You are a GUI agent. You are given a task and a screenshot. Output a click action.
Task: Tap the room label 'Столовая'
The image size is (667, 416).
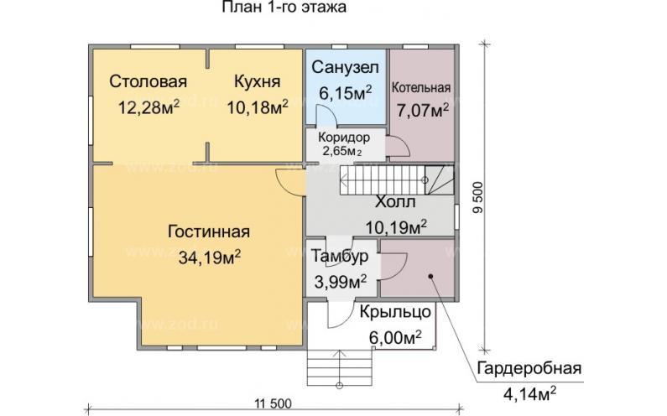(x=148, y=81)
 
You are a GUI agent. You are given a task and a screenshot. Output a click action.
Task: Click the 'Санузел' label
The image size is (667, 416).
(x=345, y=66)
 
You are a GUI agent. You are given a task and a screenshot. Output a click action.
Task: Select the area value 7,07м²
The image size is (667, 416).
(x=422, y=110)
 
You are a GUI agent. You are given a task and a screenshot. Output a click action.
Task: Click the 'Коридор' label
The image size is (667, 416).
(x=343, y=137)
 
